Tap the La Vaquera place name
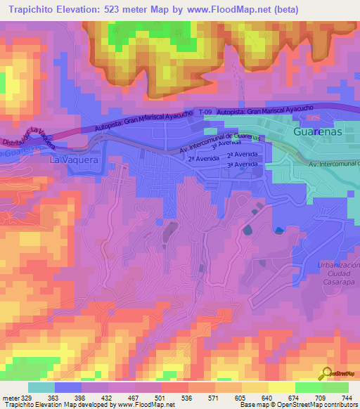(75, 160)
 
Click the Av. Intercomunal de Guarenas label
(220, 143)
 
